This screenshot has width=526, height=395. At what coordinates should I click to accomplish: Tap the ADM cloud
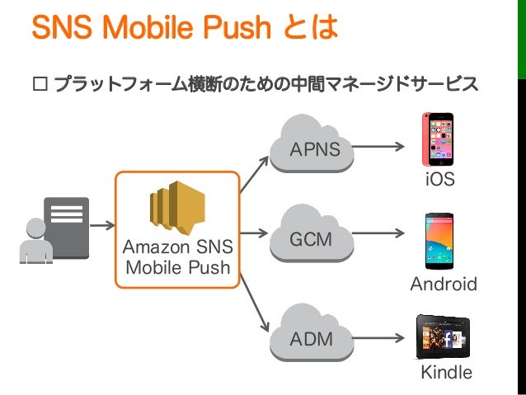pos(311,335)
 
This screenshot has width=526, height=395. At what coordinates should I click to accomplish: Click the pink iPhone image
pos(439,139)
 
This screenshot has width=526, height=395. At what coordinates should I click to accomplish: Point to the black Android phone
pos(440,241)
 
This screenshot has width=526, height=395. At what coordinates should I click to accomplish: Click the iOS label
pos(439,179)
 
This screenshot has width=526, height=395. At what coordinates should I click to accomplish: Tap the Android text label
pos(444,284)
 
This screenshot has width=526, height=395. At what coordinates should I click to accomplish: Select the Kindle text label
pos(447,373)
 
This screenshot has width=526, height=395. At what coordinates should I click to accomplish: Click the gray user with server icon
pos(54,230)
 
